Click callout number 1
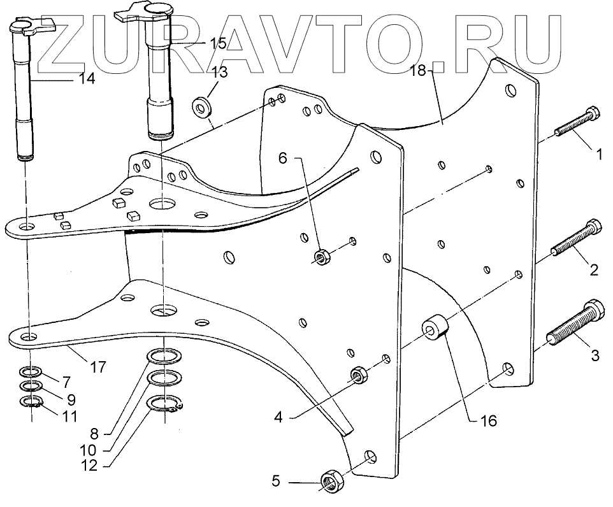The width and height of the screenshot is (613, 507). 598,153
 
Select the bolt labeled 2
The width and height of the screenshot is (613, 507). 577,238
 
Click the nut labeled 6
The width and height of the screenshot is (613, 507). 321,257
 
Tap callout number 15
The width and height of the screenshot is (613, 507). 218,43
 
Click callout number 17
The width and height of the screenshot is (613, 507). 97,367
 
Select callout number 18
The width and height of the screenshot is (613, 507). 417,71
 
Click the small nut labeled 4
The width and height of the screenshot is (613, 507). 359,375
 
